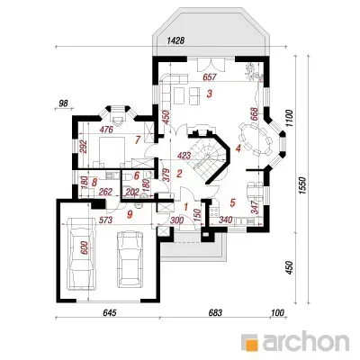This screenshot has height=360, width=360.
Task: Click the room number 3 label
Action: pyautogui.click(x=210, y=94)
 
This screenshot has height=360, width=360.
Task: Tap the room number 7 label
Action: pyautogui.click(x=138, y=139)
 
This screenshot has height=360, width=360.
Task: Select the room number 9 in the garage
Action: pyautogui.click(x=130, y=214)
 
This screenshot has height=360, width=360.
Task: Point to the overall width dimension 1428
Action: pyautogui.click(x=175, y=40)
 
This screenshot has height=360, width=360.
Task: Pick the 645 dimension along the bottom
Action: pyautogui.click(x=109, y=312)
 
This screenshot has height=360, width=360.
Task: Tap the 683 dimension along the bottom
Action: pyautogui.click(x=215, y=312)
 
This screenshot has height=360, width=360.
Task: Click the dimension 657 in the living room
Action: pyautogui.click(x=210, y=77)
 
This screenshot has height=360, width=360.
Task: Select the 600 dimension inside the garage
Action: pyautogui.click(x=85, y=247)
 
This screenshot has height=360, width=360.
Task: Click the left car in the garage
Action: pyautogui.click(x=81, y=254)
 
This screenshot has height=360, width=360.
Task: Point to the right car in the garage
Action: pyautogui.click(x=130, y=259)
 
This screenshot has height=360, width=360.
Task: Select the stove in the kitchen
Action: pyautogui.click(x=214, y=212)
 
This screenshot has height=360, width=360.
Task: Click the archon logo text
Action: pyautogui.click(x=306, y=341)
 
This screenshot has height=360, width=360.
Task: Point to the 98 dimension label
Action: pyautogui.click(x=63, y=103)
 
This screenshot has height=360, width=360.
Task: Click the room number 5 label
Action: pyautogui.click(x=232, y=202)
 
